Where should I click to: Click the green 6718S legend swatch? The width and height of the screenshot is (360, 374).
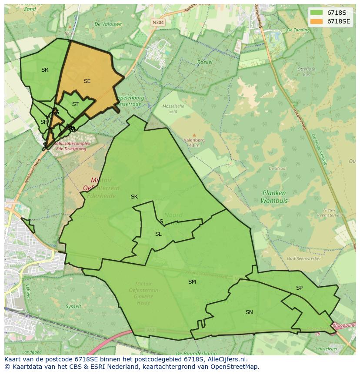coord(317,13)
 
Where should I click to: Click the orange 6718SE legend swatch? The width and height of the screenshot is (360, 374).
coord(317,21)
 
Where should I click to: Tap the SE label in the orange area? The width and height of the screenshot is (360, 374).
coord(87,81)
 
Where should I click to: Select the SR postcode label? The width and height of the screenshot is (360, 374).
coord(45,70)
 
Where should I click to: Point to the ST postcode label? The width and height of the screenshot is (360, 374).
coord(75,104)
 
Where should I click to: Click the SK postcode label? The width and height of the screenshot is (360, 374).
coord(134,197)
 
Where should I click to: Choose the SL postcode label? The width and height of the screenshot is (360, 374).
coord(158,234)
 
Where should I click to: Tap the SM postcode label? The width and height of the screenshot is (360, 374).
coord(192,282)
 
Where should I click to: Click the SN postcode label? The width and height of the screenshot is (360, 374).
coord(249,312)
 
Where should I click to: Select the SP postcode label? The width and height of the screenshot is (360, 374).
coord(299,288)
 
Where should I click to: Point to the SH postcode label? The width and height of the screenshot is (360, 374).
coord(44,122)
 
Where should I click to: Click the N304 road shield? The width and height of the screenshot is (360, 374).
coord(158,23)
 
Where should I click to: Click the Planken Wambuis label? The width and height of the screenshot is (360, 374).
coord(274,197)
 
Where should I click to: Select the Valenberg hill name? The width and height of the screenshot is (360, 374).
coord(194,140)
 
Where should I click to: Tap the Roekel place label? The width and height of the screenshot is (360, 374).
coord(205,62)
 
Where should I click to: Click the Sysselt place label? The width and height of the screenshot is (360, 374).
coord(73,306)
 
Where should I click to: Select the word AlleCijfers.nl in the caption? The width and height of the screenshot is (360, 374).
coord(227,359)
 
